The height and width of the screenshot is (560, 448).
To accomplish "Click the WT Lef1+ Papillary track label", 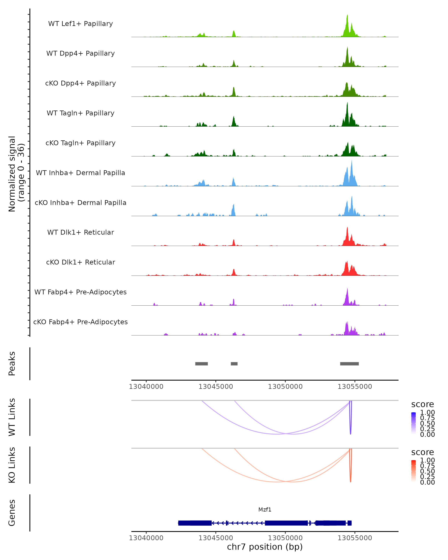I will (x=80, y=24).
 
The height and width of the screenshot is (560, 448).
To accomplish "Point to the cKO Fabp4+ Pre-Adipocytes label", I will (x=80, y=322).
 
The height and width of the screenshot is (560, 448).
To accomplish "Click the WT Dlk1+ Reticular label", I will (x=80, y=232).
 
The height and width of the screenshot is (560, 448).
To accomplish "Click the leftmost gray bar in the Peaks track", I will (x=202, y=364).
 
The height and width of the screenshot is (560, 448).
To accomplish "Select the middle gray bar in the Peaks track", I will (x=234, y=364).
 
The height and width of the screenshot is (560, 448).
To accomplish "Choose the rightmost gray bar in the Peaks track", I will (x=349, y=364).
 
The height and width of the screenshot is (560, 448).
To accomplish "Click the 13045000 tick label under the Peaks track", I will (x=216, y=387).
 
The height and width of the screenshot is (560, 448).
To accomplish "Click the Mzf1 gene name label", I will (x=265, y=510).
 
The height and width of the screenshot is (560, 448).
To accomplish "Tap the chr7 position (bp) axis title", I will (x=265, y=547).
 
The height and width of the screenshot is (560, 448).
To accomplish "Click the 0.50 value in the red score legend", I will (x=427, y=471).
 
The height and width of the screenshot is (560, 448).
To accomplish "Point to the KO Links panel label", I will (x=12, y=465).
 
